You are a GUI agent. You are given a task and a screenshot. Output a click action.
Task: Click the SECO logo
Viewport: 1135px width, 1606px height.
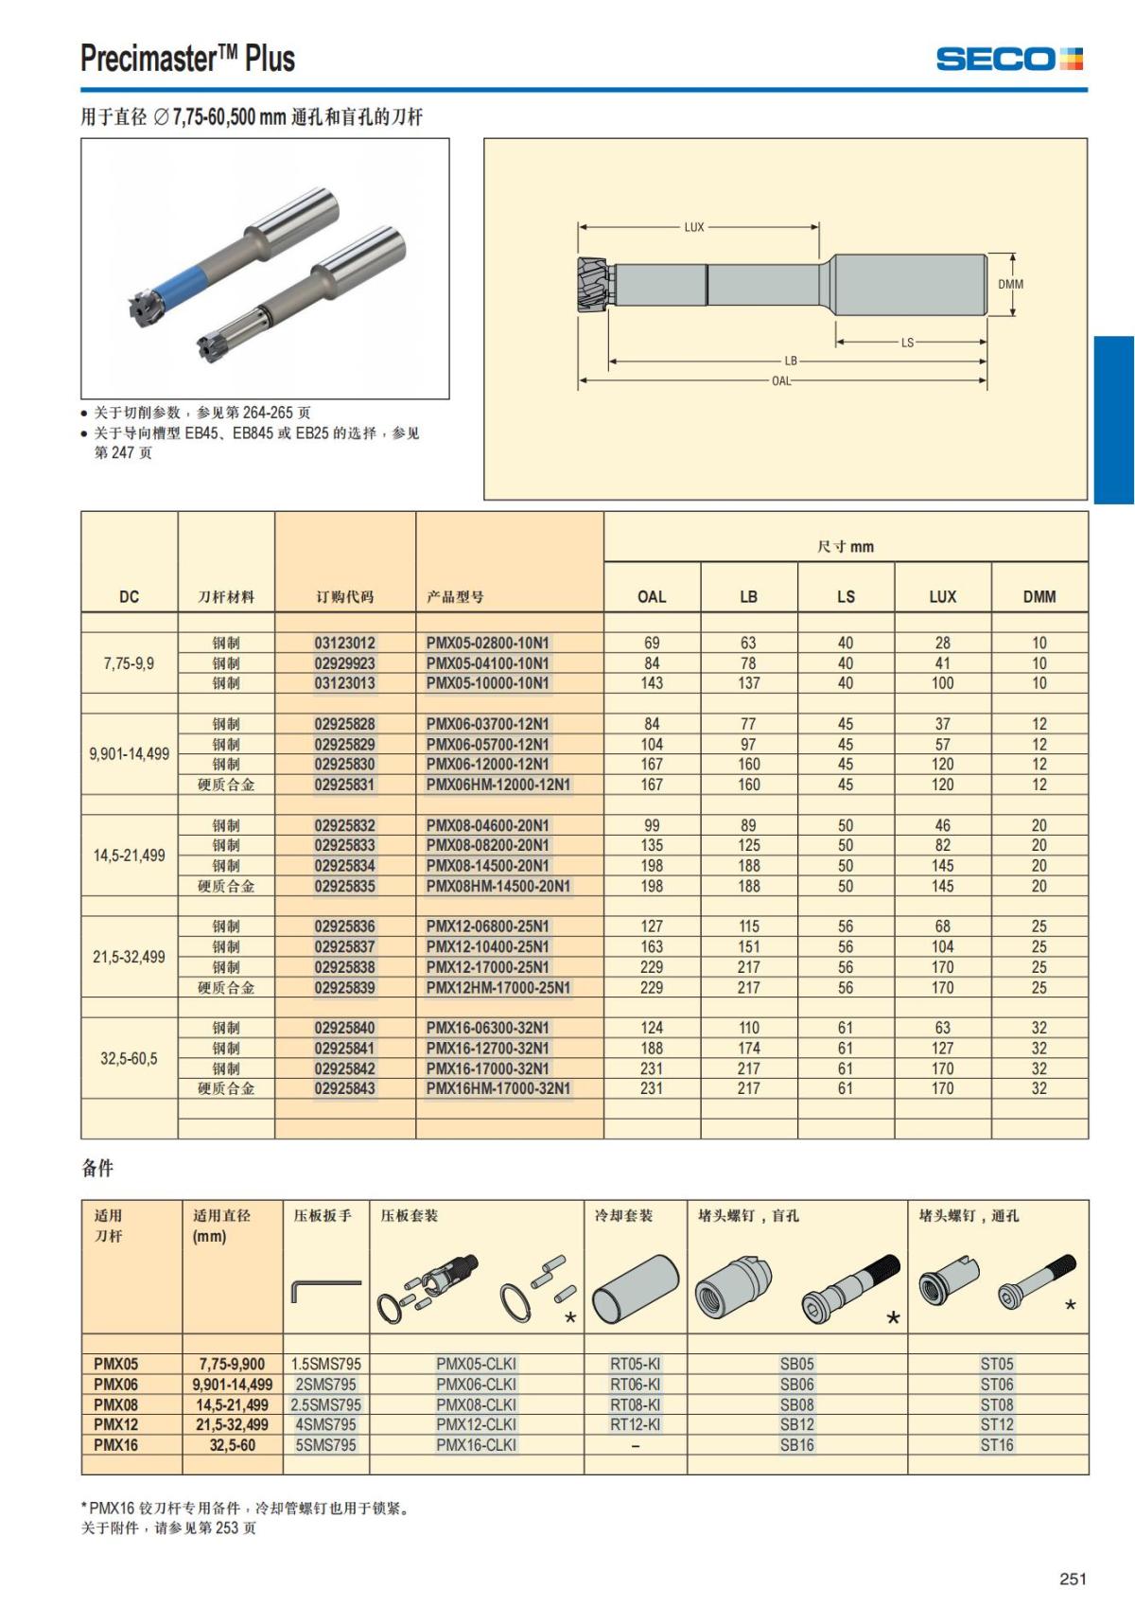[1009, 58]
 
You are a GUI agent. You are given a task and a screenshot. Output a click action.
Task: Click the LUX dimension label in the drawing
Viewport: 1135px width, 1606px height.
[693, 227]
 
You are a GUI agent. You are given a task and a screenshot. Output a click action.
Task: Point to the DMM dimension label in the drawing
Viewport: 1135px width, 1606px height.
[1010, 284]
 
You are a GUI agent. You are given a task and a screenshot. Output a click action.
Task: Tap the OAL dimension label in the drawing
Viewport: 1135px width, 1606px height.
[781, 380]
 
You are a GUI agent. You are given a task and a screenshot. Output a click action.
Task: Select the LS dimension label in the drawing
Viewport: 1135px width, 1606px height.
[907, 342]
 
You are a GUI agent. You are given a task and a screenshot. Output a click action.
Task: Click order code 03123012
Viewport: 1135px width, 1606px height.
[344, 643]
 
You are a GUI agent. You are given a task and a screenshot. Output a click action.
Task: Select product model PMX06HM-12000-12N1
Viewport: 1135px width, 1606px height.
[498, 785]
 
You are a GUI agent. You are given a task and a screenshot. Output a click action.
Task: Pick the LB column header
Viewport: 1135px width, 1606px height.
[748, 596]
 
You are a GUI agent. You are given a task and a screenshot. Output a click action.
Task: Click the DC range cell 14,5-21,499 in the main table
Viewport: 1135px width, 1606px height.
[129, 856]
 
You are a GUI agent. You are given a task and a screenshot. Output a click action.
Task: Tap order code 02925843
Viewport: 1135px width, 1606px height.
[344, 1088]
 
